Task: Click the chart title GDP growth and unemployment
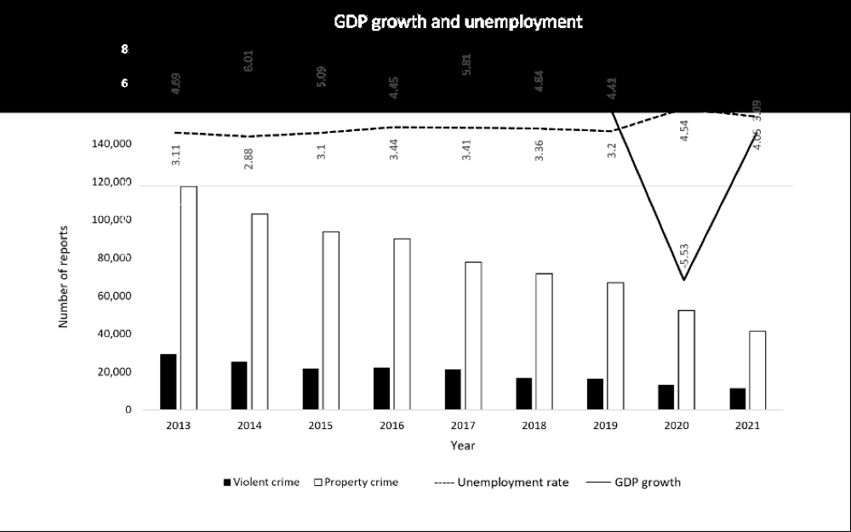tap(458, 22)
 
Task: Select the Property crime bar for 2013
tap(188, 298)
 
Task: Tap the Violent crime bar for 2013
tap(168, 382)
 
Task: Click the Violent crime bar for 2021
tap(737, 399)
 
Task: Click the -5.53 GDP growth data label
tap(683, 256)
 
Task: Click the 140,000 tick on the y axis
tap(112, 144)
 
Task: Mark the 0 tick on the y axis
tap(128, 410)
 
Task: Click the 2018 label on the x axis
tap(534, 426)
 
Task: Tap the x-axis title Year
tap(463, 445)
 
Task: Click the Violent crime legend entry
tap(261, 483)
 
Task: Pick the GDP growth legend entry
tap(633, 483)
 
